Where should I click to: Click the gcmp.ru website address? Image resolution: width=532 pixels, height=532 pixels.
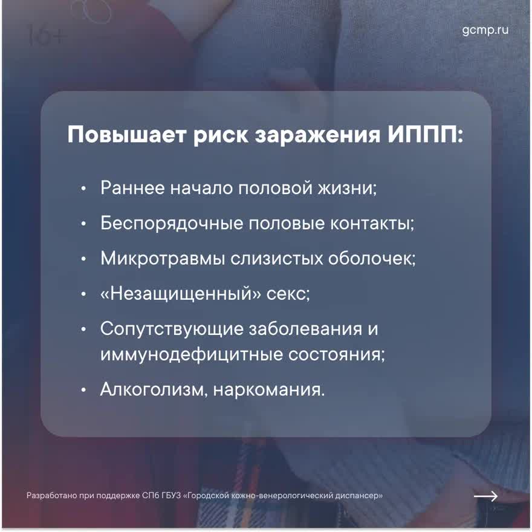tap(485, 30)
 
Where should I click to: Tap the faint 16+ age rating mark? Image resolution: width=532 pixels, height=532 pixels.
tap(45, 35)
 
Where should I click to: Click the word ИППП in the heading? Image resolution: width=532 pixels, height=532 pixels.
tap(426, 135)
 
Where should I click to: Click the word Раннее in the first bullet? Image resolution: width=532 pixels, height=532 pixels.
tap(132, 187)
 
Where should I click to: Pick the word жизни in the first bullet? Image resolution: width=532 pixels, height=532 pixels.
tap(347, 188)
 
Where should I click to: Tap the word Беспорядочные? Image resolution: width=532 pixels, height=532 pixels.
tap(172, 224)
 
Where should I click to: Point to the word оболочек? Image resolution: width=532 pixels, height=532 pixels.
tap(372, 259)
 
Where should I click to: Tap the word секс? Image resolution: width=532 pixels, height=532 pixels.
tap(288, 294)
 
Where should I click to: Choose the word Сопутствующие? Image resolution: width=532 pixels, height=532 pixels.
tap(172, 329)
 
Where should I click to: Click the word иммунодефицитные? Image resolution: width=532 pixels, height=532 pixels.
tap(192, 355)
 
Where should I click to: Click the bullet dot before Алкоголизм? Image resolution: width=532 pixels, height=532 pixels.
tap(83, 390)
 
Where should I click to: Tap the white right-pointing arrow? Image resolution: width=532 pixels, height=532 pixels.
tap(485, 496)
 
